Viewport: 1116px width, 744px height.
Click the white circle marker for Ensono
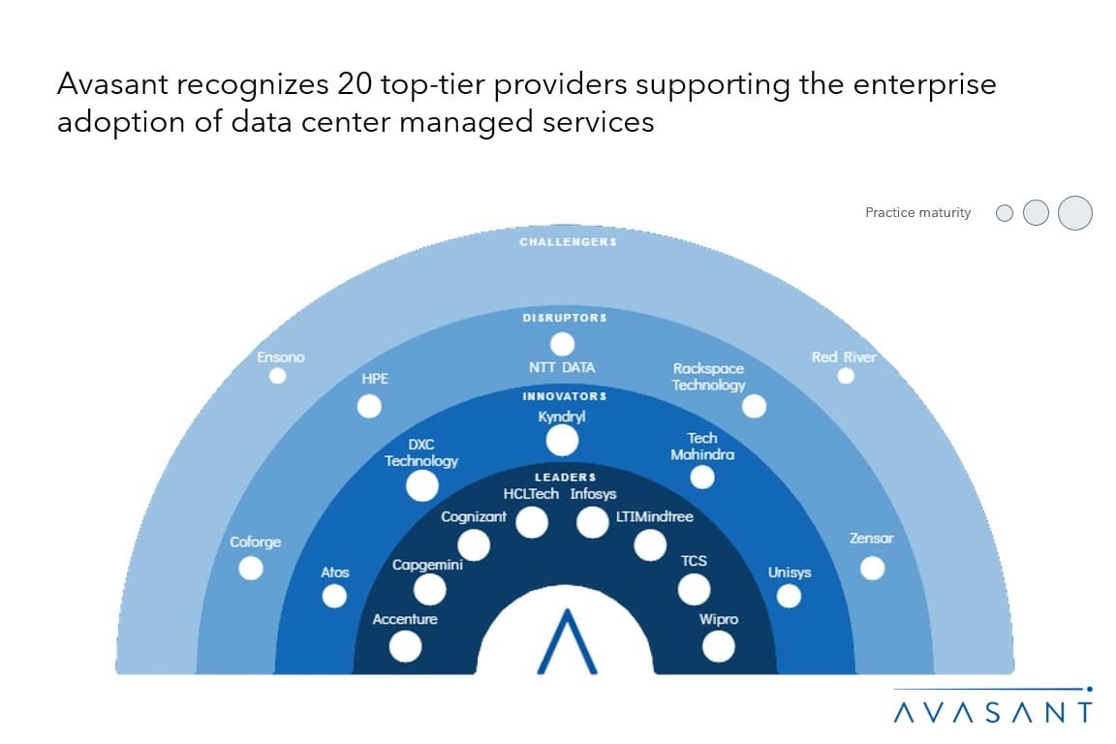point(278,376)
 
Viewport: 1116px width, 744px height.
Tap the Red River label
point(844,357)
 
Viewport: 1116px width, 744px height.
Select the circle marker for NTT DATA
point(562,344)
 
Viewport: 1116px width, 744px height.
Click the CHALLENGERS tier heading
point(568,241)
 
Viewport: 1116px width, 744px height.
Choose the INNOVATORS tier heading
point(565,396)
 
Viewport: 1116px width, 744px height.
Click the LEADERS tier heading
point(565,477)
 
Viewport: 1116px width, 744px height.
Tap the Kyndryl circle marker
point(562,441)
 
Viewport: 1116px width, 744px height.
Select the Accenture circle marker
point(405,645)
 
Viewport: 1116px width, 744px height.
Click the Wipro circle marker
point(718,645)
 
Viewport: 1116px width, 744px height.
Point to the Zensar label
point(871,539)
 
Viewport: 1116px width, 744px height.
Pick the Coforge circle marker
point(251,568)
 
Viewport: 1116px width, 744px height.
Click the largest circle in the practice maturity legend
point(1074,212)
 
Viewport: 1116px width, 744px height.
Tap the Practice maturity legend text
point(917,213)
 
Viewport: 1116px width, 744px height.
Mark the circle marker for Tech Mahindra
point(702,477)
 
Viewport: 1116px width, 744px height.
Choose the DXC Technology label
point(421,452)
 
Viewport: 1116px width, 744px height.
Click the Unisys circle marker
point(789,596)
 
